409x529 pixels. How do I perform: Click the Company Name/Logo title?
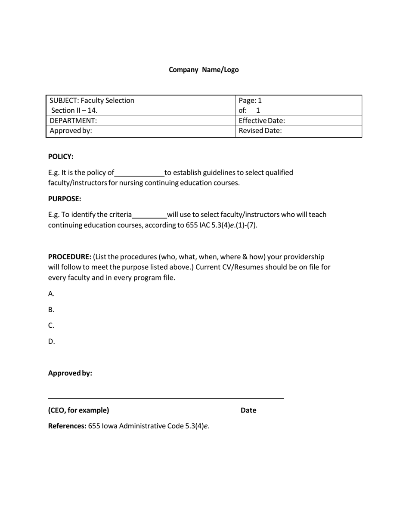pyautogui.click(x=204, y=70)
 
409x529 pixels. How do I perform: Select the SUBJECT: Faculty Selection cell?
pyautogui.click(x=92, y=101)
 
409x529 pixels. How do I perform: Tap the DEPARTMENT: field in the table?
pyautogui.click(x=73, y=120)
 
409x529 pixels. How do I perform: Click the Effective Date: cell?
pyautogui.click(x=262, y=120)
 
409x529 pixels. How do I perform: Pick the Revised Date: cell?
pyautogui.click(x=260, y=131)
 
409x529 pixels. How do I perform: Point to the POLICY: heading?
pyautogui.click(x=61, y=157)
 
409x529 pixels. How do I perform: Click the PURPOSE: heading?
pyautogui.click(x=65, y=199)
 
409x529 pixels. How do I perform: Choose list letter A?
pyautogui.click(x=51, y=294)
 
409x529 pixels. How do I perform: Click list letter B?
pyautogui.click(x=51, y=310)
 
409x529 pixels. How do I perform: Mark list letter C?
pyautogui.click(x=51, y=326)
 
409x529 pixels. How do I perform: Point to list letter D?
pyautogui.click(x=52, y=341)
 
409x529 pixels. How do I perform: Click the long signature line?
pyautogui.click(x=166, y=398)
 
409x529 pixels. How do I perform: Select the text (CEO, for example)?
pyautogui.click(x=79, y=410)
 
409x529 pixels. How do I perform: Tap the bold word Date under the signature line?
pyautogui.click(x=248, y=410)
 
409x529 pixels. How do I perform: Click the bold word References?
pyautogui.click(x=67, y=426)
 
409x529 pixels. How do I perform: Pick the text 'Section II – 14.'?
pyautogui.click(x=74, y=110)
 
